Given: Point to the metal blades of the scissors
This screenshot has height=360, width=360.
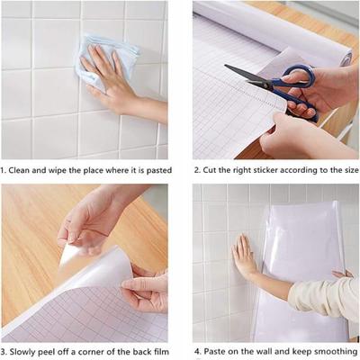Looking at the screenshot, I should [246, 75].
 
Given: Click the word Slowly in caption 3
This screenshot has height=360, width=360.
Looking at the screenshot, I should [23, 350].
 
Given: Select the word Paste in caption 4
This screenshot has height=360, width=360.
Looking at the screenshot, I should [216, 350].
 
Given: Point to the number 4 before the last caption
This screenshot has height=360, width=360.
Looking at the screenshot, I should [195, 350].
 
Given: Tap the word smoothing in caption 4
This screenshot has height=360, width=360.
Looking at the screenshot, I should [336, 350].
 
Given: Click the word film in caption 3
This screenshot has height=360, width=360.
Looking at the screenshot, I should [158, 350].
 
